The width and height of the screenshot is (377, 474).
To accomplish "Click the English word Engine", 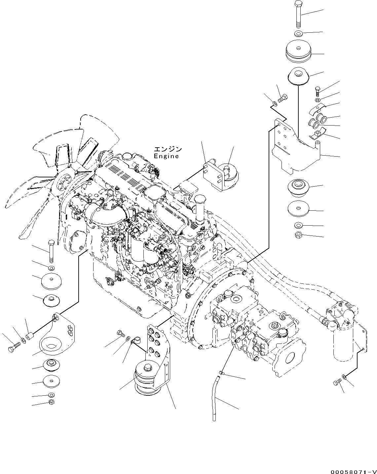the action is pyautogui.click(x=166, y=156).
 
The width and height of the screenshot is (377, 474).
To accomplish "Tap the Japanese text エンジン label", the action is pyautogui.click(x=168, y=150).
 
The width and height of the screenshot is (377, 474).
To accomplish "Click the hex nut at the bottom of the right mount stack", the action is pyautogui.click(x=297, y=236).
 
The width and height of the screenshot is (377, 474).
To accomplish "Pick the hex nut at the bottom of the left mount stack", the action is pyautogui.click(x=51, y=402).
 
